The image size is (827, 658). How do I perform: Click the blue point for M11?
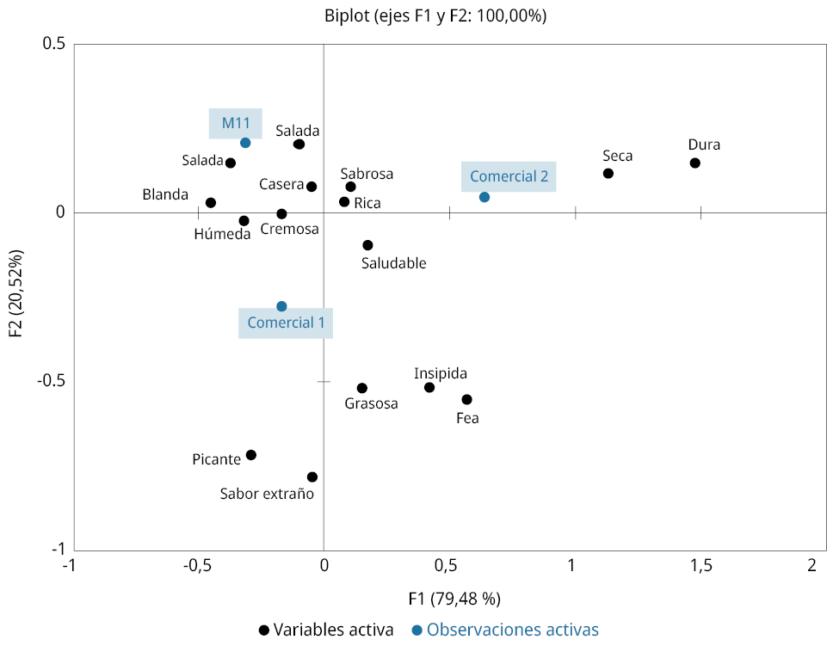[x=245, y=143]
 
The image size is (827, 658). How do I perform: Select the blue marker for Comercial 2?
[x=484, y=197]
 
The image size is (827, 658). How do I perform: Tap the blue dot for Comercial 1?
[x=281, y=306]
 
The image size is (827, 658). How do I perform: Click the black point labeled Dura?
[x=695, y=163]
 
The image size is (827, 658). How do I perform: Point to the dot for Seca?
[x=608, y=174]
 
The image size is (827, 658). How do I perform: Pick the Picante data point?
[x=251, y=455]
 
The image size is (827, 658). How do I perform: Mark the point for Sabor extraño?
[x=312, y=477]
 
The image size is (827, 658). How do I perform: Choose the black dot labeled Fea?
[x=467, y=399]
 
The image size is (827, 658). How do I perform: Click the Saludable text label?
[x=393, y=263]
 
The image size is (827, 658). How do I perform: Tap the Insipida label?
[x=441, y=373]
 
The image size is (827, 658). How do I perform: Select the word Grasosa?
[x=372, y=403]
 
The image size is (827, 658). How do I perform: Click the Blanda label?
[x=165, y=194]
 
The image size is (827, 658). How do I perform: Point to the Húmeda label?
[x=222, y=234]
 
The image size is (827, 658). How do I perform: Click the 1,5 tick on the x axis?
[x=700, y=565]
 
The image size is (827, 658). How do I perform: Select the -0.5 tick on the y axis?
[x=48, y=380]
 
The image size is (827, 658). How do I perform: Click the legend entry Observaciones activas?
[x=512, y=630]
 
